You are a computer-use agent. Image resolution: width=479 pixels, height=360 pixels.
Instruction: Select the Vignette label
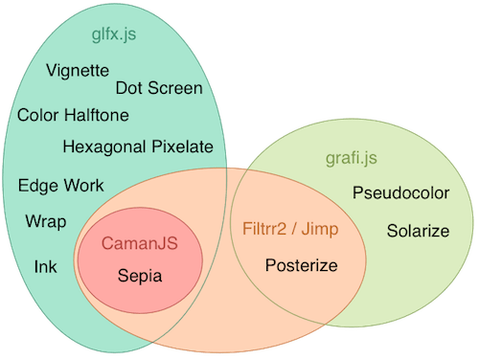(78, 71)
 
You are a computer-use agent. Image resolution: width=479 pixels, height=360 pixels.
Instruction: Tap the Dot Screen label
(159, 89)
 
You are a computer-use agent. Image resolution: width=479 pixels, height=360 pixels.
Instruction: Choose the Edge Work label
(60, 186)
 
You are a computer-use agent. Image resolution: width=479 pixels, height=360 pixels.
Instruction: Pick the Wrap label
(46, 222)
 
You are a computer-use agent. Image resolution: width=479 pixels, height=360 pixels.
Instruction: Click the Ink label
(46, 265)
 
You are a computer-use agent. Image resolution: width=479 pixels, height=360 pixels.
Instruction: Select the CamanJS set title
(140, 245)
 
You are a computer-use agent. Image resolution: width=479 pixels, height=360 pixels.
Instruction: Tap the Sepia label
(140, 276)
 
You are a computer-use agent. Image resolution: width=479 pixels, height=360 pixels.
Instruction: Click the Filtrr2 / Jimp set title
(290, 232)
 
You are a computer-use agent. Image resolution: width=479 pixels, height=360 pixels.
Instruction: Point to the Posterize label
(301, 265)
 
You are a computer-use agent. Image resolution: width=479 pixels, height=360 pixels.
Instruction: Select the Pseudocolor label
(400, 193)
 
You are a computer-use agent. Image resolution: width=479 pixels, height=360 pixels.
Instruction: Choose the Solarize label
(418, 231)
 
